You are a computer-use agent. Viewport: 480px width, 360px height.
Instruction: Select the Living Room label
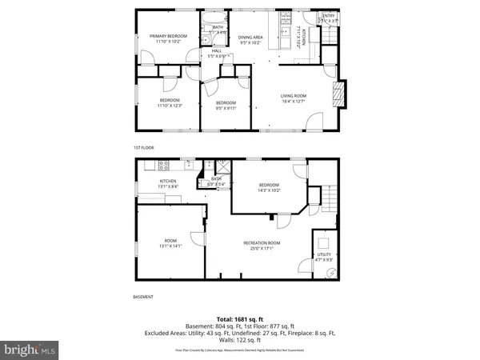[294, 98]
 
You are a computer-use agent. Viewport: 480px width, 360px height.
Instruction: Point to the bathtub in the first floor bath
[215, 19]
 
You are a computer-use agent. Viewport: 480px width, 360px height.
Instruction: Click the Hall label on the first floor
[217, 54]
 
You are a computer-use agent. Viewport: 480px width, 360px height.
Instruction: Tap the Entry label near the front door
[329, 18]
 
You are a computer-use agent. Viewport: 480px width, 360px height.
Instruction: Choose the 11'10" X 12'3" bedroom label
[170, 102]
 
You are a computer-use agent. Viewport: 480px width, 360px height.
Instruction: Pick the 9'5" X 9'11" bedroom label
[226, 105]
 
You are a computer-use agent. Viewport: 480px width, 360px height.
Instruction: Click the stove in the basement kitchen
[163, 166]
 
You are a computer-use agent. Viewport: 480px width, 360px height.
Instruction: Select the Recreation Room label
[262, 245]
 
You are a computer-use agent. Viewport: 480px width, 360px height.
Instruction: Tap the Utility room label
[323, 258]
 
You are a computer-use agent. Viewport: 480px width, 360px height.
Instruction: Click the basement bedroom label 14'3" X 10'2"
[269, 187]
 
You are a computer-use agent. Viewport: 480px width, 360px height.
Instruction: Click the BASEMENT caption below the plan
[144, 297]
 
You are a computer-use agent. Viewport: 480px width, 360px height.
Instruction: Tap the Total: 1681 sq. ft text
[240, 319]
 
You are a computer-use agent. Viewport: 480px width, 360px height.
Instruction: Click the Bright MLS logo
[30, 350]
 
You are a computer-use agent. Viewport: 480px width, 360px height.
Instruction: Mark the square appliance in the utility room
[324, 242]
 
